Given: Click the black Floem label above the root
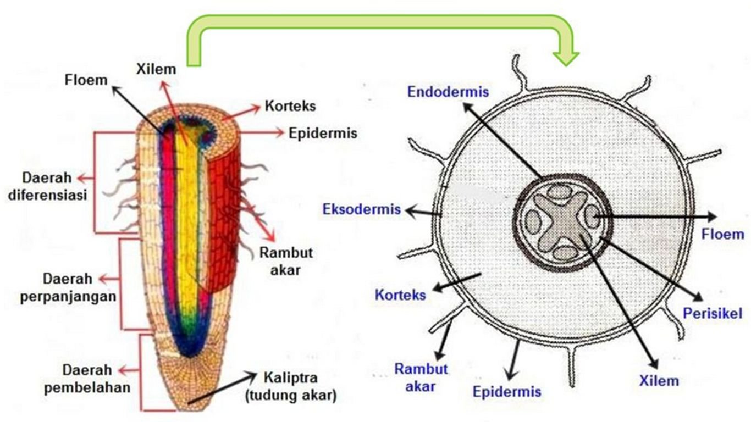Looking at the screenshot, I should [86, 80].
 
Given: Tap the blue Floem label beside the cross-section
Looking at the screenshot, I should [722, 235].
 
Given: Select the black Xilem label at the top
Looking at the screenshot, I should [156, 69].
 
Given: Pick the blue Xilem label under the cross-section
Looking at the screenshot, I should [659, 380].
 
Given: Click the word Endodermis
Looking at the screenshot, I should [448, 92].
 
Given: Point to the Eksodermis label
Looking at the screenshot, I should [361, 209].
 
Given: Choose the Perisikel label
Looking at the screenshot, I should [713, 314].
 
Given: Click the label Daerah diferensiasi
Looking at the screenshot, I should [47, 187].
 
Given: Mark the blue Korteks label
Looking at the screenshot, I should [400, 295].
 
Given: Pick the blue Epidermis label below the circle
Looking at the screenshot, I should [507, 392].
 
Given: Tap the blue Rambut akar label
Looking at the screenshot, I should [421, 377].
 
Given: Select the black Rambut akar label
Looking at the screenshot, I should [286, 261].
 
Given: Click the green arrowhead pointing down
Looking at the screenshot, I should [566, 57].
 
